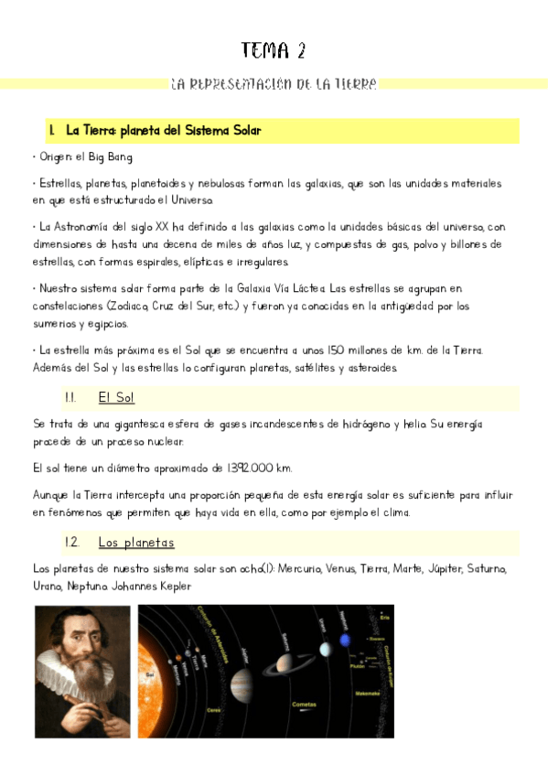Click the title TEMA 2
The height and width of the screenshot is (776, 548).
[x=274, y=49]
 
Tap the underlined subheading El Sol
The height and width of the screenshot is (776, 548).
[x=116, y=398]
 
